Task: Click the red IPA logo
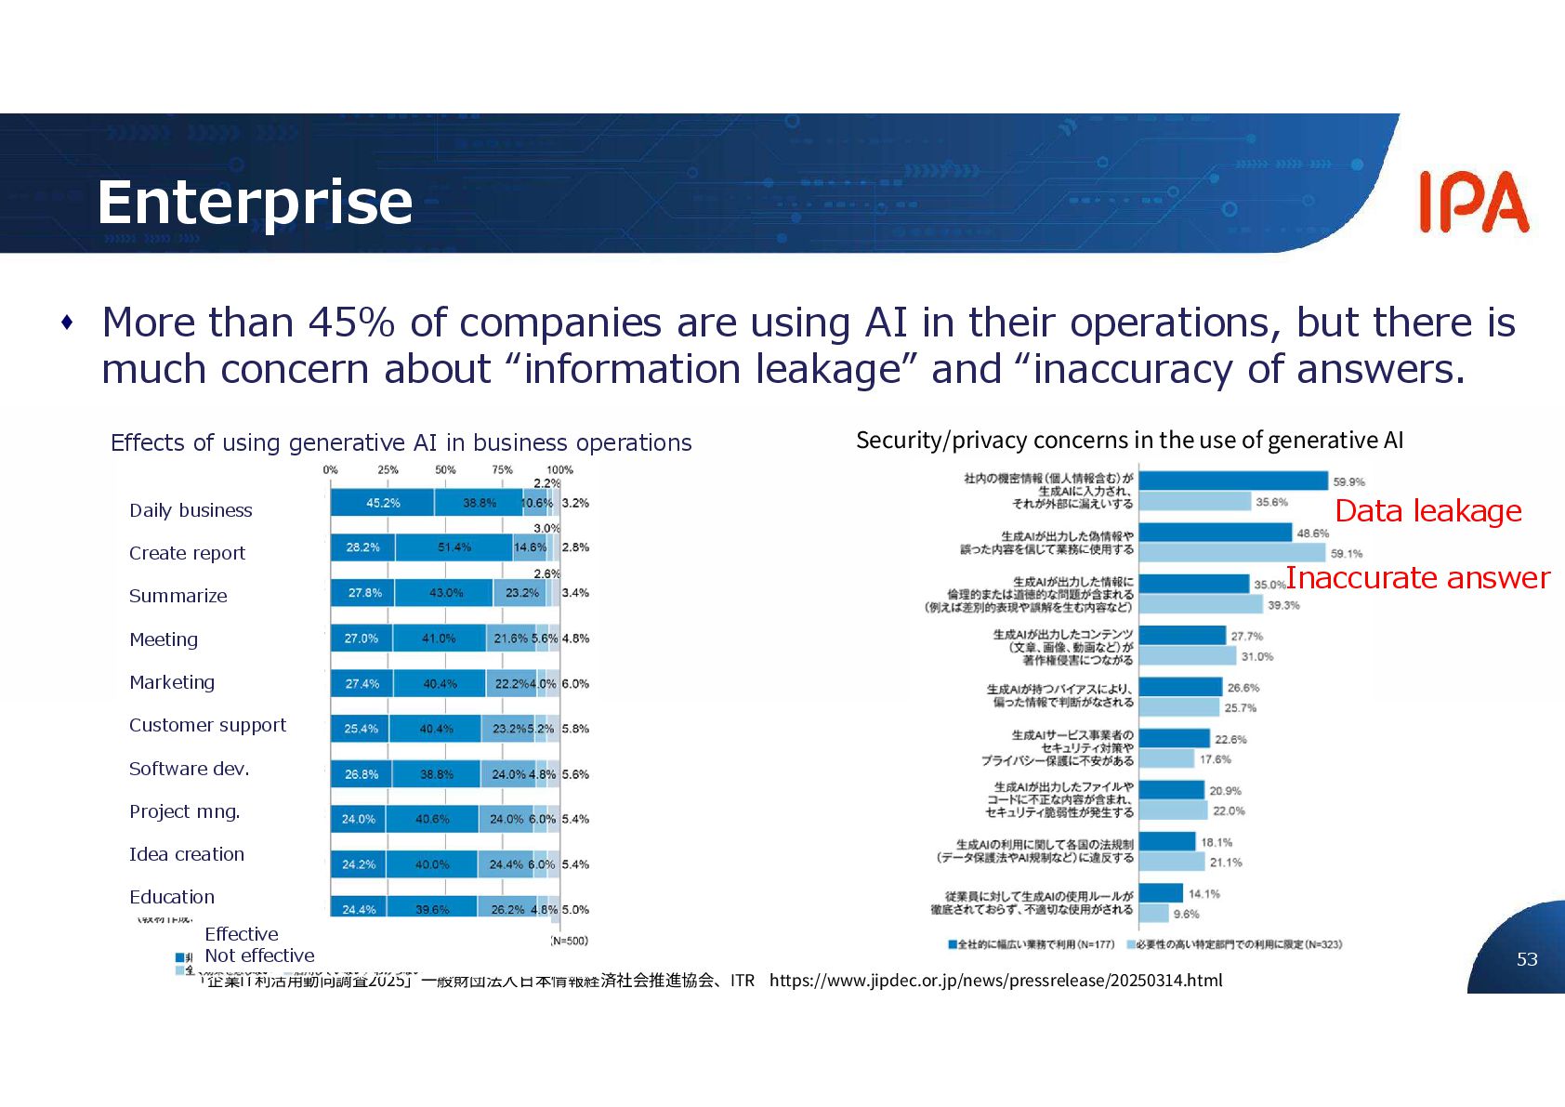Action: (x=1473, y=202)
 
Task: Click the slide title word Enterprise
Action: (x=255, y=203)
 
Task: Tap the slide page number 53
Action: (x=1527, y=959)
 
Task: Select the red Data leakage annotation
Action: (x=1427, y=511)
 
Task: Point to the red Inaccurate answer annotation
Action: (x=1417, y=578)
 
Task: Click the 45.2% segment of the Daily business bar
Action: (x=382, y=503)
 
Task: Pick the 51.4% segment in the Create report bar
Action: (x=454, y=547)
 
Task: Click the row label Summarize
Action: (x=178, y=596)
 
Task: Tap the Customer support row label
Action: (x=207, y=725)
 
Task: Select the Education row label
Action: (x=172, y=897)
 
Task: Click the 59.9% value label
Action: (x=1348, y=482)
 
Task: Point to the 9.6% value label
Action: (x=1186, y=915)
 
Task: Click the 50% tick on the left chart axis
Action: (x=445, y=470)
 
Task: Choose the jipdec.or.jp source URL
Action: (x=995, y=981)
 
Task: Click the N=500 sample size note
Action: (x=569, y=941)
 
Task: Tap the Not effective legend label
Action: (x=259, y=955)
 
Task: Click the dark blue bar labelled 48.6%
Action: (x=1215, y=533)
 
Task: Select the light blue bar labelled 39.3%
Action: (x=1201, y=605)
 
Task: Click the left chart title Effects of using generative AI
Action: (x=401, y=442)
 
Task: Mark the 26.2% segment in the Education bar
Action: (x=506, y=909)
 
